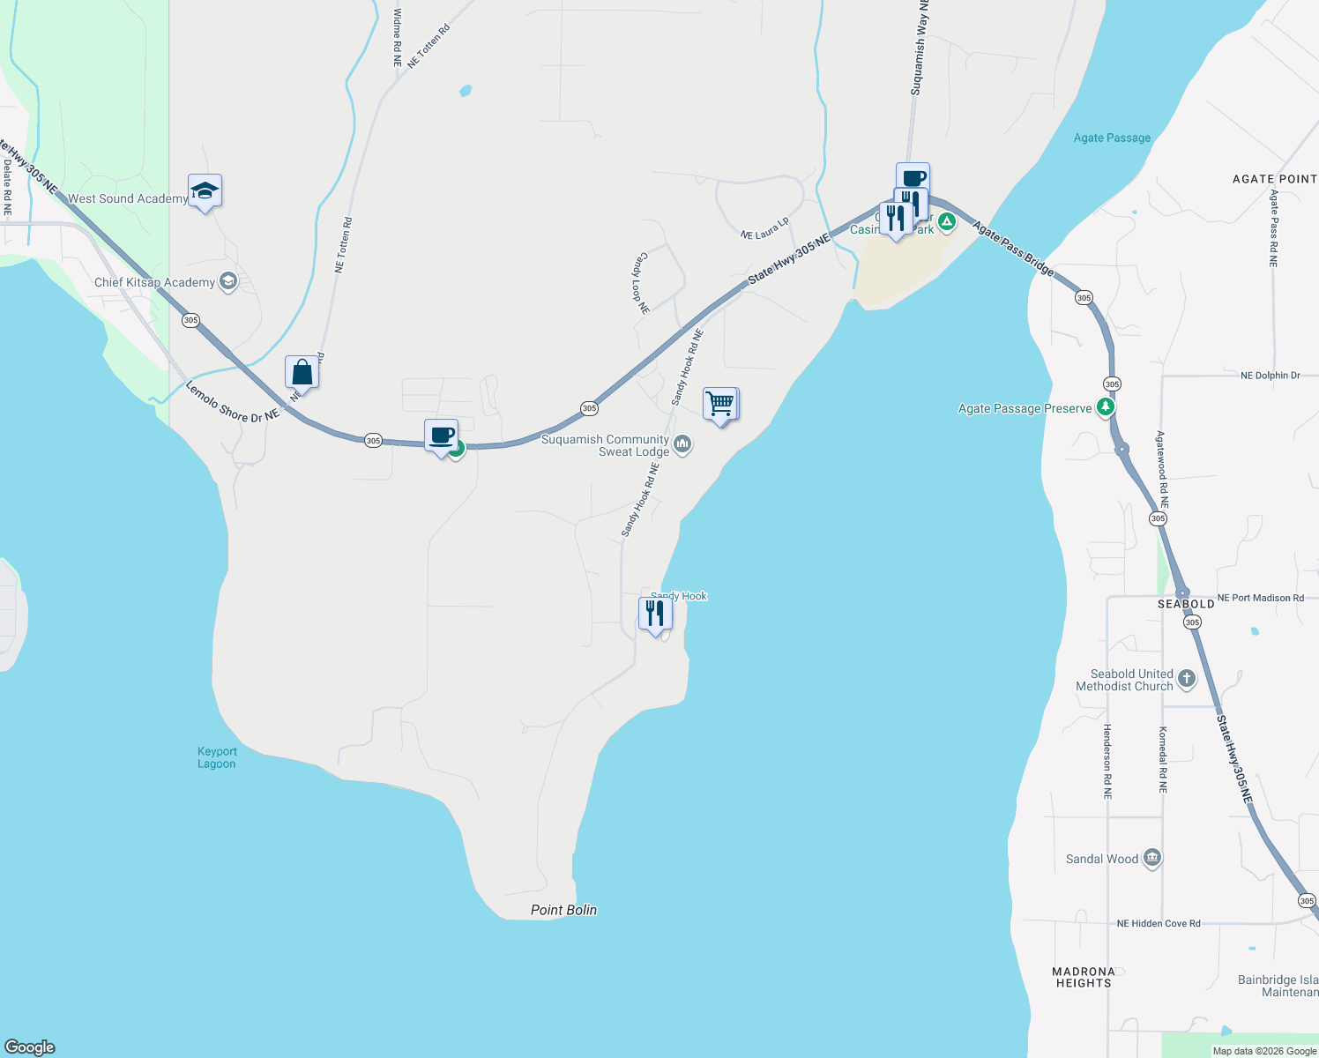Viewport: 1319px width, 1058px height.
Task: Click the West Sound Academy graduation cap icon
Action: click(205, 191)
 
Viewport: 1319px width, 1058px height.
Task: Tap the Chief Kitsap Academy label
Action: click(155, 282)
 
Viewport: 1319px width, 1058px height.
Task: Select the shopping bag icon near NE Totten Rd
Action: click(302, 372)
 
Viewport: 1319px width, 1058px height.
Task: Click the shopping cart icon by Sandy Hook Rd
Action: click(720, 405)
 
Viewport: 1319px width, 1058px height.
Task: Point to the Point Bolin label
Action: click(563, 910)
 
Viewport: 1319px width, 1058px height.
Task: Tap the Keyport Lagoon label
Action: click(217, 757)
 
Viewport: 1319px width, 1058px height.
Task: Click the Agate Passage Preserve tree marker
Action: click(1105, 406)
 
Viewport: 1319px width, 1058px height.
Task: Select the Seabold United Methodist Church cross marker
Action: click(1187, 678)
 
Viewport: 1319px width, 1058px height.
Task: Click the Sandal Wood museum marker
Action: click(1151, 858)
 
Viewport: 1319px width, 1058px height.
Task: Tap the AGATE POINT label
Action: click(1274, 179)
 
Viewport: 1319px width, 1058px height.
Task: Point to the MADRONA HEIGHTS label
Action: click(1084, 977)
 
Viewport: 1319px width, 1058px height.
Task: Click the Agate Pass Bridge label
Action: click(1014, 249)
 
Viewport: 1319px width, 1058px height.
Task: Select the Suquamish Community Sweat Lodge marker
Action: click(682, 443)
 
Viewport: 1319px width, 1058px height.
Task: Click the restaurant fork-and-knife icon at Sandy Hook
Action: click(655, 614)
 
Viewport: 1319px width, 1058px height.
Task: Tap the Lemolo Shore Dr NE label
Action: click(233, 402)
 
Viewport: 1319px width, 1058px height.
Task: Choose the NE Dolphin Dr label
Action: click(1270, 376)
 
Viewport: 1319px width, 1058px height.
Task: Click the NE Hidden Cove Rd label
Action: click(1159, 923)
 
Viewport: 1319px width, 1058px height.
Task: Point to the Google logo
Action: click(30, 1047)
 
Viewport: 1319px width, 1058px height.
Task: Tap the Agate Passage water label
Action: click(1112, 138)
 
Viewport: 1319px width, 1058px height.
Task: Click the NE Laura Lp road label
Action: click(764, 229)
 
